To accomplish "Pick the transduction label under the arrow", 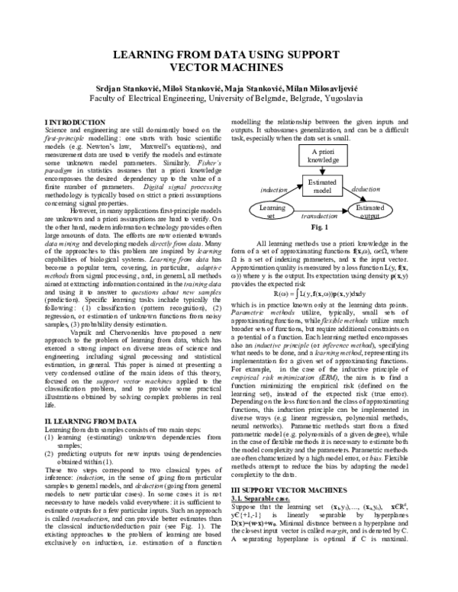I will [320, 217].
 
